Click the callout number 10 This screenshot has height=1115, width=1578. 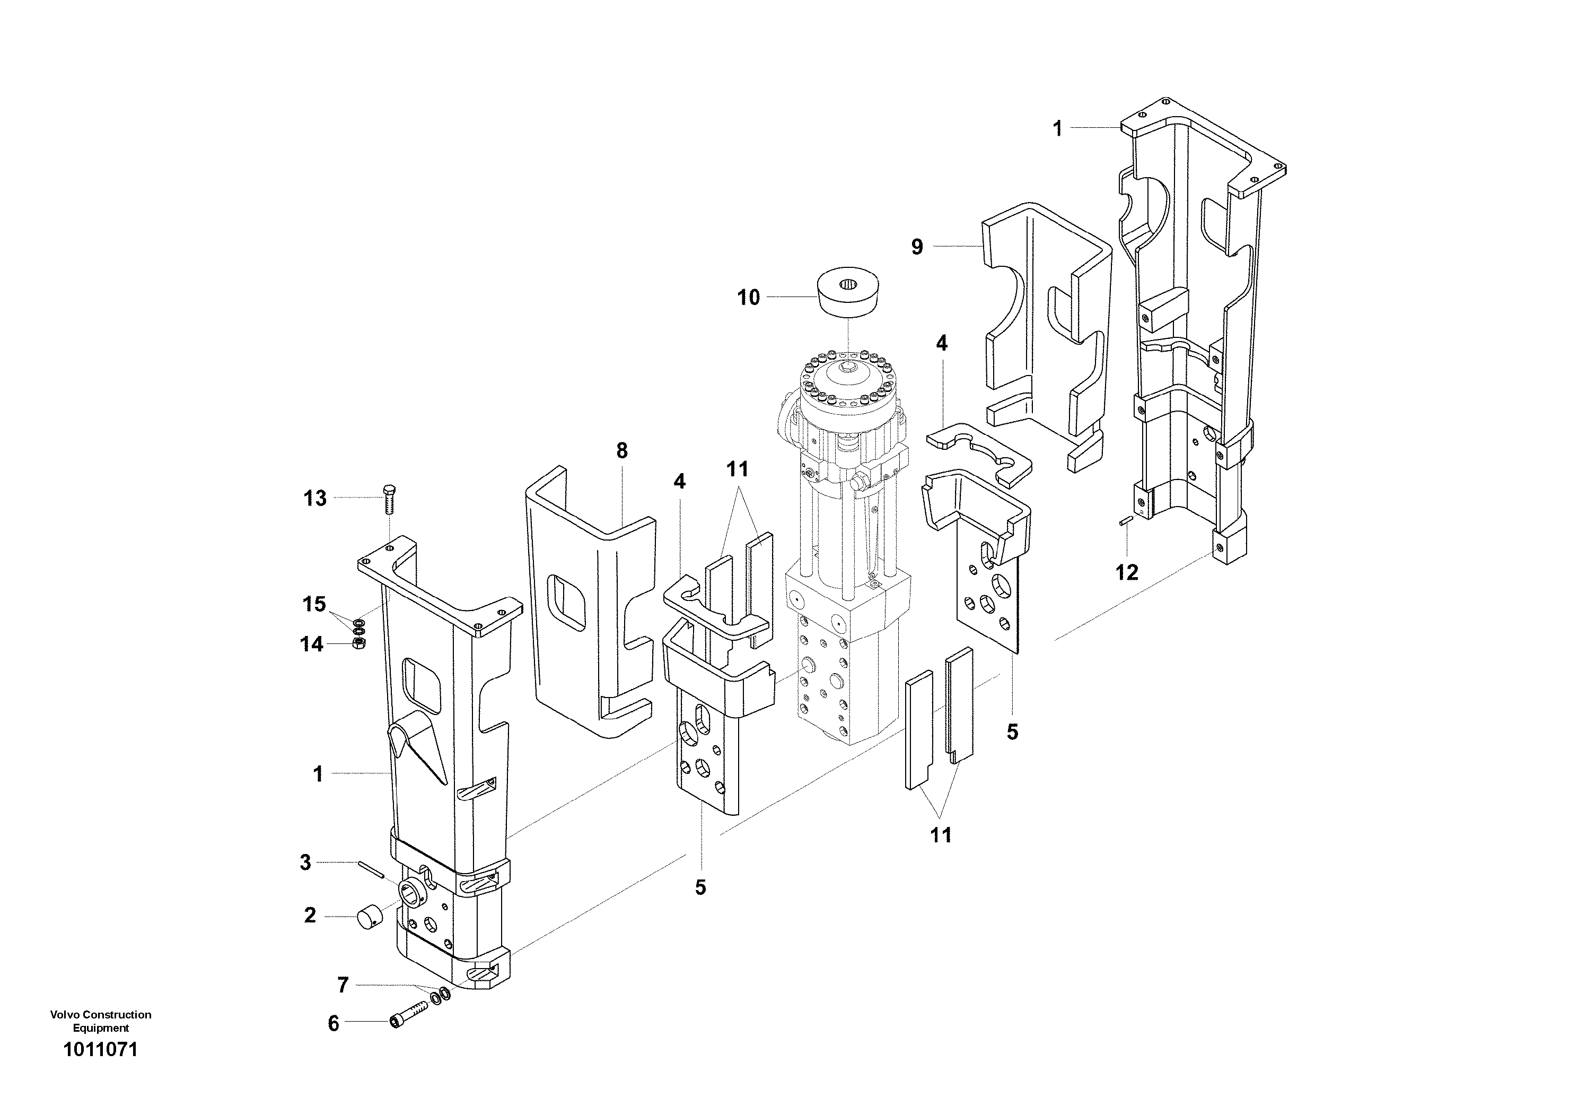749,298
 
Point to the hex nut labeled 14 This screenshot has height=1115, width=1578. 357,643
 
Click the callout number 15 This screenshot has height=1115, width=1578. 315,604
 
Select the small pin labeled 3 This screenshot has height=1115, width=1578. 370,869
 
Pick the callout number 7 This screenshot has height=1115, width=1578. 343,985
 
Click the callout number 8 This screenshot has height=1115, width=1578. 622,451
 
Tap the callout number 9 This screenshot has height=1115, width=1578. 917,247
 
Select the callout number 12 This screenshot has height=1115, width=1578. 1126,572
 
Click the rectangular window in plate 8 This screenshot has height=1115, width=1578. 566,603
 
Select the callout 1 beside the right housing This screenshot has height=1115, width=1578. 1058,128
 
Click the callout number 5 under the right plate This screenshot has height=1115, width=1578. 1012,732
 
